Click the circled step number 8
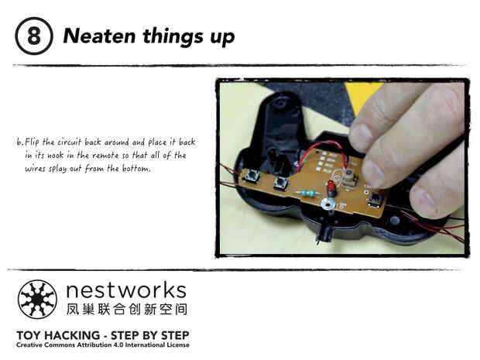coord(33,36)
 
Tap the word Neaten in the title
coord(99,36)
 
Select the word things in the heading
coord(173,36)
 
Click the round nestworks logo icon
coord(37,299)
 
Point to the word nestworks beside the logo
coord(126,290)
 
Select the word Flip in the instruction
coord(32,142)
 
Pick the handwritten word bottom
coord(136,169)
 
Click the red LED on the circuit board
coord(331,187)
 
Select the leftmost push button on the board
coord(252,176)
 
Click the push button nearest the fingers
coord(374,199)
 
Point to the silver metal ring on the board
coord(327,204)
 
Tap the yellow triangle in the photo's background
coord(362,95)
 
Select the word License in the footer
coord(177,345)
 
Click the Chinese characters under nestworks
coord(127,309)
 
